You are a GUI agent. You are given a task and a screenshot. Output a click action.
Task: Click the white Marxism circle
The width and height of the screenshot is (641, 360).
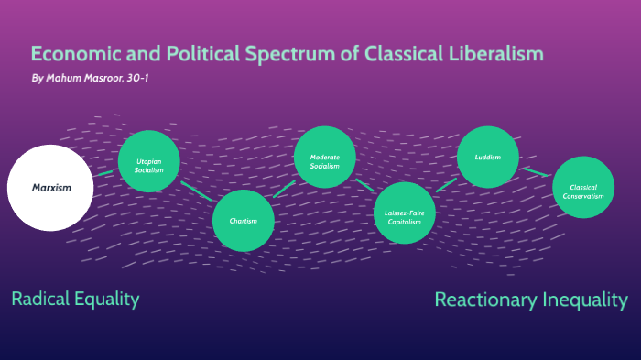[51, 188]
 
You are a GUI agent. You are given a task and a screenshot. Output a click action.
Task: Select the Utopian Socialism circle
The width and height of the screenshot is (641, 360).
[148, 161]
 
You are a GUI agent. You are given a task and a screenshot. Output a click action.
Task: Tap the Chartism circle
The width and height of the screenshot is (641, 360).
[244, 221]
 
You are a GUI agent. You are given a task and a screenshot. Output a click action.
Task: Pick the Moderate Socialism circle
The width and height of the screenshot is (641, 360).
[324, 157]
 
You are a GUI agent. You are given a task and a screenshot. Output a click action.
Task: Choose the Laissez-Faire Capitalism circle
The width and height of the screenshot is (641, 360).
[404, 213]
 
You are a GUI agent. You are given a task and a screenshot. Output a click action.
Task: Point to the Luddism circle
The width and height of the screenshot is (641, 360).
[488, 157]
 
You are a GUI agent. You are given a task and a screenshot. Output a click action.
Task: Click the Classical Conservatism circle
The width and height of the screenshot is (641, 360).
[583, 188]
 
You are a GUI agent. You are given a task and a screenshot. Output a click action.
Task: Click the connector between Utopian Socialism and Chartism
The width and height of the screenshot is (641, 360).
[195, 190]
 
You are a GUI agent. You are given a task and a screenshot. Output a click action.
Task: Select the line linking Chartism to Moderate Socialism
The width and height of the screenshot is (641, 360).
[284, 189]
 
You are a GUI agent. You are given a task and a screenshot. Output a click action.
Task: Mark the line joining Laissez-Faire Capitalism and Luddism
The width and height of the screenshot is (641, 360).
[446, 184]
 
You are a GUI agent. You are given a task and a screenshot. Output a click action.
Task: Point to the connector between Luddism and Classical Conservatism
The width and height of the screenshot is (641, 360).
[535, 172]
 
